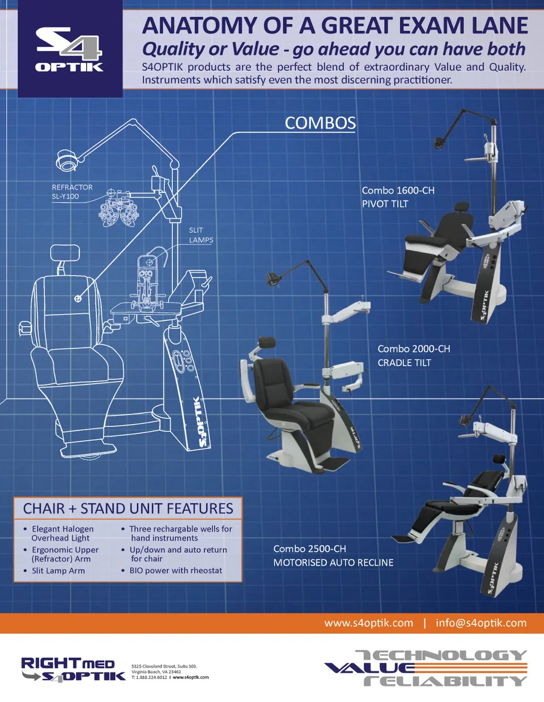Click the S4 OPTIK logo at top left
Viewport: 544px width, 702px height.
coord(69,49)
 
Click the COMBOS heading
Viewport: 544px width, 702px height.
coord(320,123)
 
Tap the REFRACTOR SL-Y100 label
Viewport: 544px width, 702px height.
coord(72,192)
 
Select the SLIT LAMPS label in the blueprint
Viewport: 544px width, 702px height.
coord(201,235)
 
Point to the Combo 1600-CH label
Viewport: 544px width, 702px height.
coord(398,190)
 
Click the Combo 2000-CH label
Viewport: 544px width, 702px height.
coord(414,349)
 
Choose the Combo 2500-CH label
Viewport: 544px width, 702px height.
coord(309,549)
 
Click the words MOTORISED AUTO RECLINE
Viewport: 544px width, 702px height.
coord(333,563)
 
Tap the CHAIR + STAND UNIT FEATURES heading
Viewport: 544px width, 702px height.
coord(128,508)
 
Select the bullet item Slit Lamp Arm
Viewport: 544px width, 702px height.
coord(58,571)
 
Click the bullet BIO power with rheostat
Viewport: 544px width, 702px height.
coord(176,571)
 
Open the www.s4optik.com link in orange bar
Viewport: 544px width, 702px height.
coord(368,623)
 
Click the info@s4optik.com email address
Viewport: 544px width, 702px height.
coord(481,623)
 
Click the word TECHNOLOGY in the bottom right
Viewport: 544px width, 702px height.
coord(442,656)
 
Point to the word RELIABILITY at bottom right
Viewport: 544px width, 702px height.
coord(445,680)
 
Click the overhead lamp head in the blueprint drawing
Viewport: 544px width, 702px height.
coord(67,160)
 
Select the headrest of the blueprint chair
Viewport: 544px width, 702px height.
coord(65,253)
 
